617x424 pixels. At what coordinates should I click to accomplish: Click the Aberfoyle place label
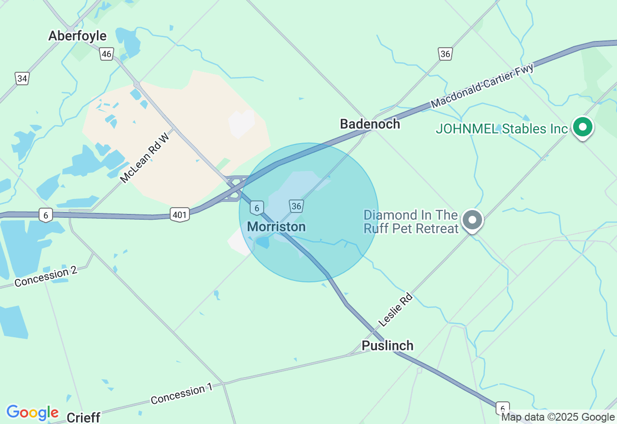pyautogui.click(x=77, y=36)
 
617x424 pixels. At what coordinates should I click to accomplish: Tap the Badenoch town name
pyautogui.click(x=370, y=124)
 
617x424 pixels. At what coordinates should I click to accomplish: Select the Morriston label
pyautogui.click(x=276, y=226)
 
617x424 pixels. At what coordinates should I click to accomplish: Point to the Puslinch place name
pyautogui.click(x=388, y=345)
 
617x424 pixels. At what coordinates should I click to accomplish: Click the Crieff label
pyautogui.click(x=83, y=417)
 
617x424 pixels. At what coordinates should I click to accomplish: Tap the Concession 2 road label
pyautogui.click(x=46, y=276)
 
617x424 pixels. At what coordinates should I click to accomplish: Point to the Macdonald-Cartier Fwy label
pyautogui.click(x=483, y=86)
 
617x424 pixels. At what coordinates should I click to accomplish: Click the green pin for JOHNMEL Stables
pyautogui.click(x=583, y=127)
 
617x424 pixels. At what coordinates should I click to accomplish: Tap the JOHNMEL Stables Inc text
pyautogui.click(x=502, y=129)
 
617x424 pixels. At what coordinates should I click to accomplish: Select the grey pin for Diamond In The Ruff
pyautogui.click(x=472, y=220)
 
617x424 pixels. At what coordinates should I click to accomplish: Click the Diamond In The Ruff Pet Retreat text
pyautogui.click(x=411, y=222)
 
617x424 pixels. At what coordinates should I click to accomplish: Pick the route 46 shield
pyautogui.click(x=107, y=53)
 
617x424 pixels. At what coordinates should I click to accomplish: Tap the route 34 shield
pyautogui.click(x=22, y=78)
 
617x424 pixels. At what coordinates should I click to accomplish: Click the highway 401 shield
pyautogui.click(x=179, y=214)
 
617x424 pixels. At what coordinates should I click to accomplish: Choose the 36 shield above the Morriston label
pyautogui.click(x=296, y=206)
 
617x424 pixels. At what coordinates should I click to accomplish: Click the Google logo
pyautogui.click(x=32, y=413)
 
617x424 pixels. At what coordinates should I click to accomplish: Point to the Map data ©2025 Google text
pyautogui.click(x=558, y=417)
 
